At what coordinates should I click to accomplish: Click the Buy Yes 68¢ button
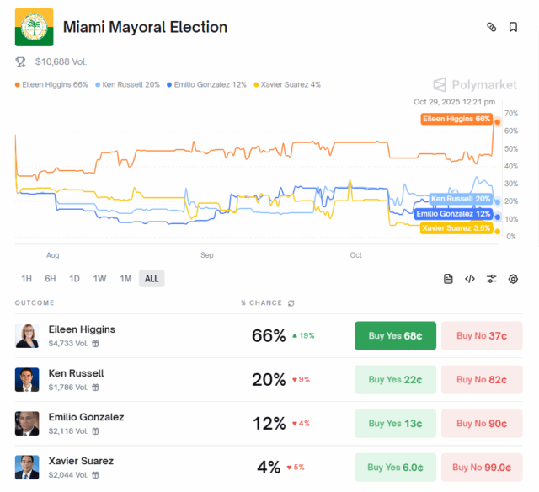tap(395, 335)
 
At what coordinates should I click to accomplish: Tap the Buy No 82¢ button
tap(482, 379)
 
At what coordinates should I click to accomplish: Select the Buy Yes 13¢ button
tap(395, 423)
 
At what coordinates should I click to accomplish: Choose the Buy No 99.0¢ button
tap(482, 467)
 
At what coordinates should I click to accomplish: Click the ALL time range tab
tap(152, 279)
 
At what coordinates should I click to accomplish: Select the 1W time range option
tap(99, 279)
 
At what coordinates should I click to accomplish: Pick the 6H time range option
tap(51, 279)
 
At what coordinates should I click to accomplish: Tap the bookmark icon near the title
tap(513, 27)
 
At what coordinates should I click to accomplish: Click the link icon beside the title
tap(492, 27)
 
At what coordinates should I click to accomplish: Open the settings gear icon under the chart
tap(513, 279)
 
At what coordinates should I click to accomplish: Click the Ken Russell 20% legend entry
tap(128, 84)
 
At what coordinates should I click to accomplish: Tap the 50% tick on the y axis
tap(510, 148)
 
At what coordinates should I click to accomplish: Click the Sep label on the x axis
tap(206, 254)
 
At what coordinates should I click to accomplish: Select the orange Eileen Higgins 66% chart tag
tap(456, 119)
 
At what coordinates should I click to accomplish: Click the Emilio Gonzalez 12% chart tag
tap(453, 214)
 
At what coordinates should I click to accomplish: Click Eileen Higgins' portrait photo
tap(27, 335)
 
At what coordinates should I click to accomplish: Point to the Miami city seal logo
tap(34, 27)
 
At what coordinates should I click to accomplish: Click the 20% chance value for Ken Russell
tap(269, 379)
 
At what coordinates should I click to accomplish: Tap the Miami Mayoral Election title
tap(145, 27)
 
